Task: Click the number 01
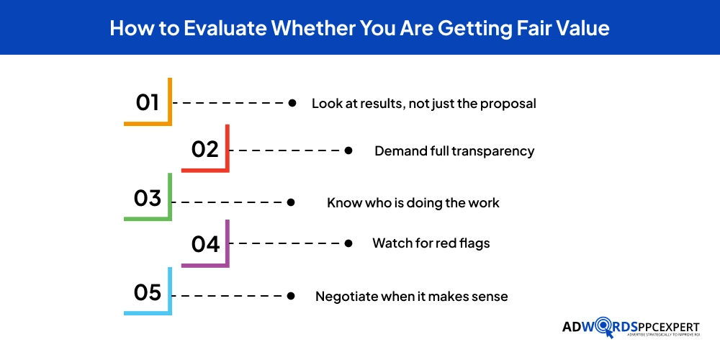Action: click(148, 102)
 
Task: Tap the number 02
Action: click(204, 150)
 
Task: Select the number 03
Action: click(148, 198)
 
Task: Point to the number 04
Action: click(205, 244)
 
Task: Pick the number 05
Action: click(148, 293)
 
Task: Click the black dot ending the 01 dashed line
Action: click(292, 103)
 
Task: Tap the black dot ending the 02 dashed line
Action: click(348, 150)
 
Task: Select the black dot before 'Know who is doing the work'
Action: click(292, 202)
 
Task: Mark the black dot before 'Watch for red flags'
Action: click(348, 243)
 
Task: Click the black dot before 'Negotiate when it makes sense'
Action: click(292, 295)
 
